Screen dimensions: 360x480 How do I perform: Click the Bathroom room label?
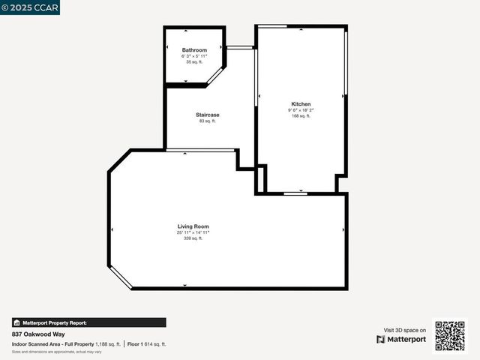click(194, 50)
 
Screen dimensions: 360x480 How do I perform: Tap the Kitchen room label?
click(301, 104)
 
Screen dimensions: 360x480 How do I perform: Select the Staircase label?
click(208, 115)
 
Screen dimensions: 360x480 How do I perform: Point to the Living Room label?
click(193, 226)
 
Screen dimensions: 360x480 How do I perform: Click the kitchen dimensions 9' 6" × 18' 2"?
click(301, 110)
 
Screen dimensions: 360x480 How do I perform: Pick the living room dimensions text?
click(193, 232)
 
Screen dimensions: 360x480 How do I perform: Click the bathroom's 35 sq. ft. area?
click(194, 62)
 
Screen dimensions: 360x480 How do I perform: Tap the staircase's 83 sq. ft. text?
click(208, 121)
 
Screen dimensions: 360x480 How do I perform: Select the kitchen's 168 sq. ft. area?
click(301, 116)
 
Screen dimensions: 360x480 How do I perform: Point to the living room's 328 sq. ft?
click(193, 238)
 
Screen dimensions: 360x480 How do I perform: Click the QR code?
click(450, 335)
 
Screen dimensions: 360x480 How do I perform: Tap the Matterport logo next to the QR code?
click(401, 339)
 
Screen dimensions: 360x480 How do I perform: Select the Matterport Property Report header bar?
click(88, 322)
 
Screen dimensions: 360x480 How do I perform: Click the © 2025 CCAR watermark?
click(30, 7)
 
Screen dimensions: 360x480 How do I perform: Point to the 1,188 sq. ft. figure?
click(107, 343)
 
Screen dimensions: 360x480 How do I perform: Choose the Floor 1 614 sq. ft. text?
click(146, 343)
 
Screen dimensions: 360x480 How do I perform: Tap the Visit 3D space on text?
click(405, 330)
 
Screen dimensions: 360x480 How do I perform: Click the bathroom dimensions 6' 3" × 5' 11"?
click(194, 56)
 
